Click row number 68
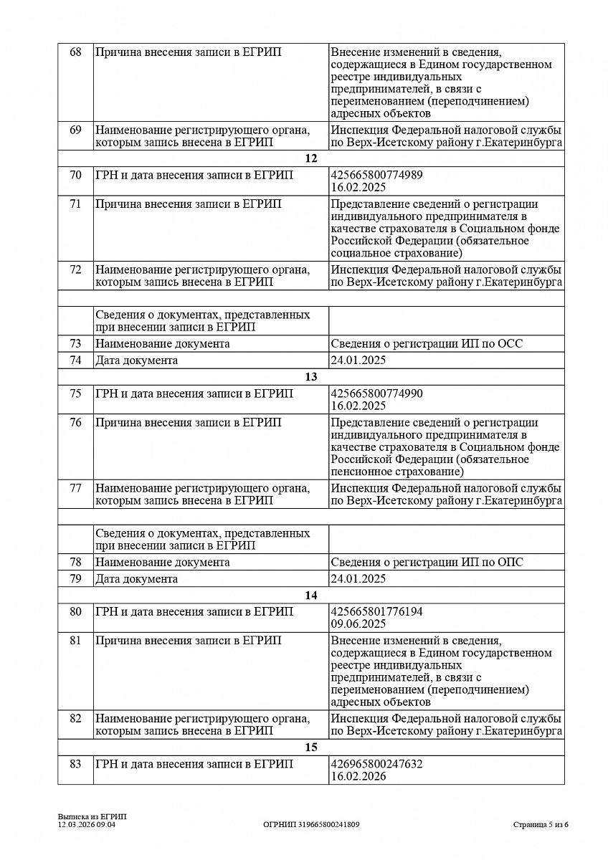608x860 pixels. click(75, 52)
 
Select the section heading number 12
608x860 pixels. click(310, 158)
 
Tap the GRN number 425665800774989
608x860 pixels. click(376, 175)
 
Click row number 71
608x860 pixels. click(75, 204)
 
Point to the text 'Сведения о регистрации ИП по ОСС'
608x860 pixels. click(427, 344)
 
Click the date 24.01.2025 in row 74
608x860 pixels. click(358, 360)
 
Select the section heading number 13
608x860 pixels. click(310, 377)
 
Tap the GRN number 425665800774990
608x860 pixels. click(376, 393)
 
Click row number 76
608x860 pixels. click(75, 423)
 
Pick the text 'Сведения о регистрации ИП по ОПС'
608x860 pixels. click(427, 563)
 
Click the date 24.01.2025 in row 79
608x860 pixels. click(358, 579)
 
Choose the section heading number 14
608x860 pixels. click(310, 596)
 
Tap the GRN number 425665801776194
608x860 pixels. click(376, 612)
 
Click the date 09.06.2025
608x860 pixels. click(358, 624)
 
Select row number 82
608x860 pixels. click(75, 719)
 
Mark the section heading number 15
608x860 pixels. click(310, 748)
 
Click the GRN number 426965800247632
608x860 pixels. click(376, 765)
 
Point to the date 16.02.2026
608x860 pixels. click(358, 777)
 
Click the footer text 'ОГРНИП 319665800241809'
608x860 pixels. click(311, 825)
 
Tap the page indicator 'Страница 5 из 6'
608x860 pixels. click(541, 825)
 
